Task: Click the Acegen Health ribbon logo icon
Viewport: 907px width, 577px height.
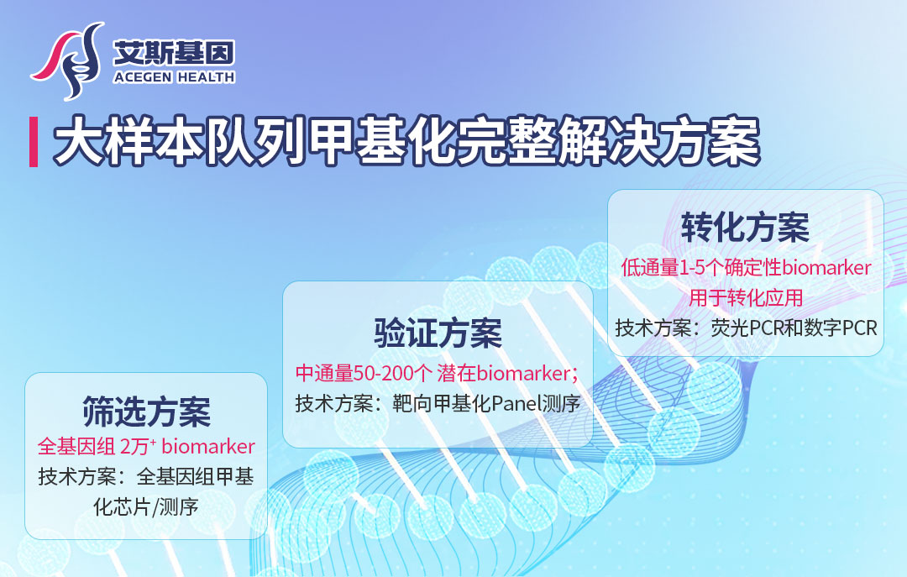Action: [x=68, y=60]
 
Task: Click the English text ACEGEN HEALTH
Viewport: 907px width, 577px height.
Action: [x=174, y=77]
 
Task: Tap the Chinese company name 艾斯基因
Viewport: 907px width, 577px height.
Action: [x=174, y=53]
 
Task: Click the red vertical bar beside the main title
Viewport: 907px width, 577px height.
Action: [x=34, y=142]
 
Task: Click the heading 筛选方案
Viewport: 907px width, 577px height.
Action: [x=146, y=412]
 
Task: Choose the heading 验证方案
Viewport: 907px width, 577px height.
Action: [x=438, y=333]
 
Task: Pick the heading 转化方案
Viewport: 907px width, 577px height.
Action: [x=745, y=227]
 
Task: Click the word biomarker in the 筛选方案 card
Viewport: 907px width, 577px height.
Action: [x=208, y=447]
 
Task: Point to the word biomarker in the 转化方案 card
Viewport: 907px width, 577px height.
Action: [x=826, y=268]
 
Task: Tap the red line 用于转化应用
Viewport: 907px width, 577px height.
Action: [x=746, y=298]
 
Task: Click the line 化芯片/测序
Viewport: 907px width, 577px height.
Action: [x=146, y=507]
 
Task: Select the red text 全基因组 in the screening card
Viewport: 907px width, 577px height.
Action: [x=76, y=446]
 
